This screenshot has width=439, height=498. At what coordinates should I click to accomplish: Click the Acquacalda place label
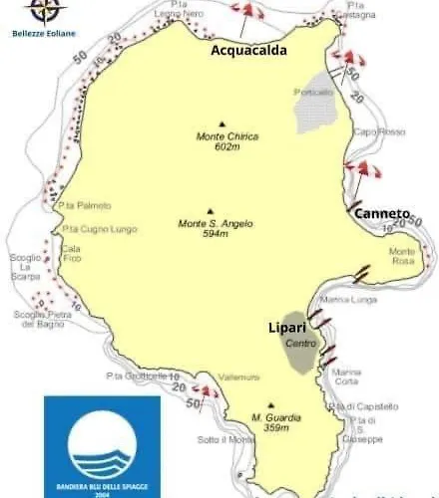[x=249, y=50]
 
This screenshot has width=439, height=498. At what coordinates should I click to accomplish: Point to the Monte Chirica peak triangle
[x=210, y=124]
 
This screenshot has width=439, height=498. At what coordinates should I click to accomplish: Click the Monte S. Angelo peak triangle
[x=210, y=211]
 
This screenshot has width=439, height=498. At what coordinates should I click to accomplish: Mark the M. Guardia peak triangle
[x=270, y=405]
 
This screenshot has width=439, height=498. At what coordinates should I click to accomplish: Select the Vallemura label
[x=239, y=376]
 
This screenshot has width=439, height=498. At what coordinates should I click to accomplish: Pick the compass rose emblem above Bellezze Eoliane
[x=42, y=11]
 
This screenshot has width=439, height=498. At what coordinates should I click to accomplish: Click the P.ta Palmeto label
[x=84, y=205]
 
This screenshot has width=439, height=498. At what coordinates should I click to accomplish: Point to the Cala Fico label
[x=71, y=253]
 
